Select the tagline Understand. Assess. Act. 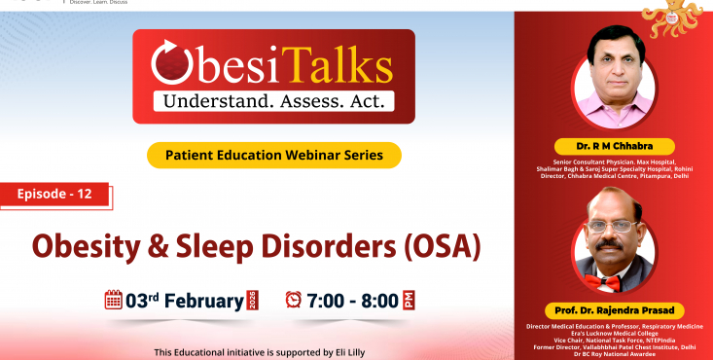(x=273, y=100)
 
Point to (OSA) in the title (x=439, y=245)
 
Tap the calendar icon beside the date (x=114, y=300)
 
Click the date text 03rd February (x=185, y=300)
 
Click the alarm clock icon (x=293, y=300)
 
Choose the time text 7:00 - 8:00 (x=353, y=300)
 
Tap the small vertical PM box (x=410, y=300)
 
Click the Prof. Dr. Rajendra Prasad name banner (x=613, y=310)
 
